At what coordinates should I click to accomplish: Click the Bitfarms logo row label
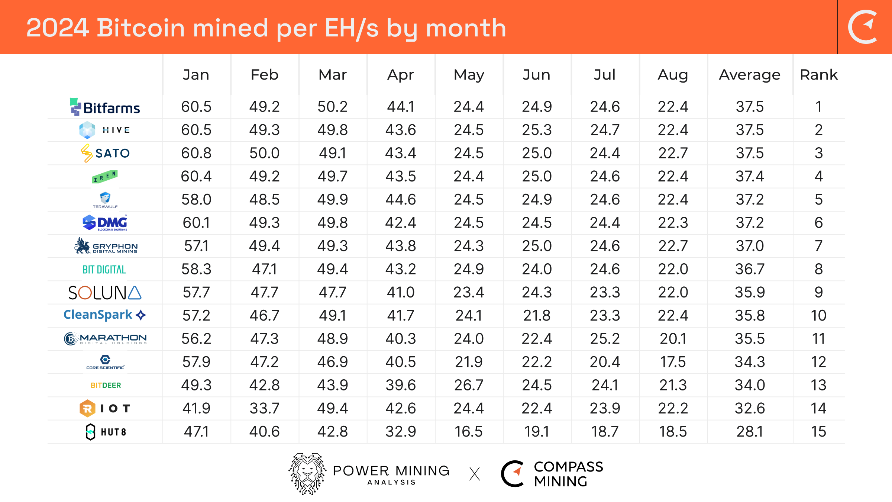coord(105,107)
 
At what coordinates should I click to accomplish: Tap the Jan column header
coord(196,75)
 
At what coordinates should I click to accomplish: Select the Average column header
coord(749,75)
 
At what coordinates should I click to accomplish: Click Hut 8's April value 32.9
coord(401,431)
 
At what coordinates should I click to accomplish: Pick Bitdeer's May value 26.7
coord(469,385)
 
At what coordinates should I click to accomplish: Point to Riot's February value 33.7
coord(264,408)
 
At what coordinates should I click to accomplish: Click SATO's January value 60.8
coord(196,153)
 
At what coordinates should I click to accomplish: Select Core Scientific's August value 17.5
coord(673,362)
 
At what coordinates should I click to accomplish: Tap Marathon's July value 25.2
coord(605,338)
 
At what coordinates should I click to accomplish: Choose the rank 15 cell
coord(818,431)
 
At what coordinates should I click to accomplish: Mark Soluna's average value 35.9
coord(749,292)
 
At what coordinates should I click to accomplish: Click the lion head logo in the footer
coord(307,474)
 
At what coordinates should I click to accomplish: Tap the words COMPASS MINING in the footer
coord(568,474)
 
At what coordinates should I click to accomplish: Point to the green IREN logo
coord(105,176)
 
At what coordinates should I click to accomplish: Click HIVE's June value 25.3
coord(537,130)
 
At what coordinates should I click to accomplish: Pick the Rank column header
coord(818,75)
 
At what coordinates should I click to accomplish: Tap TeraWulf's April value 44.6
coord(401,199)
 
